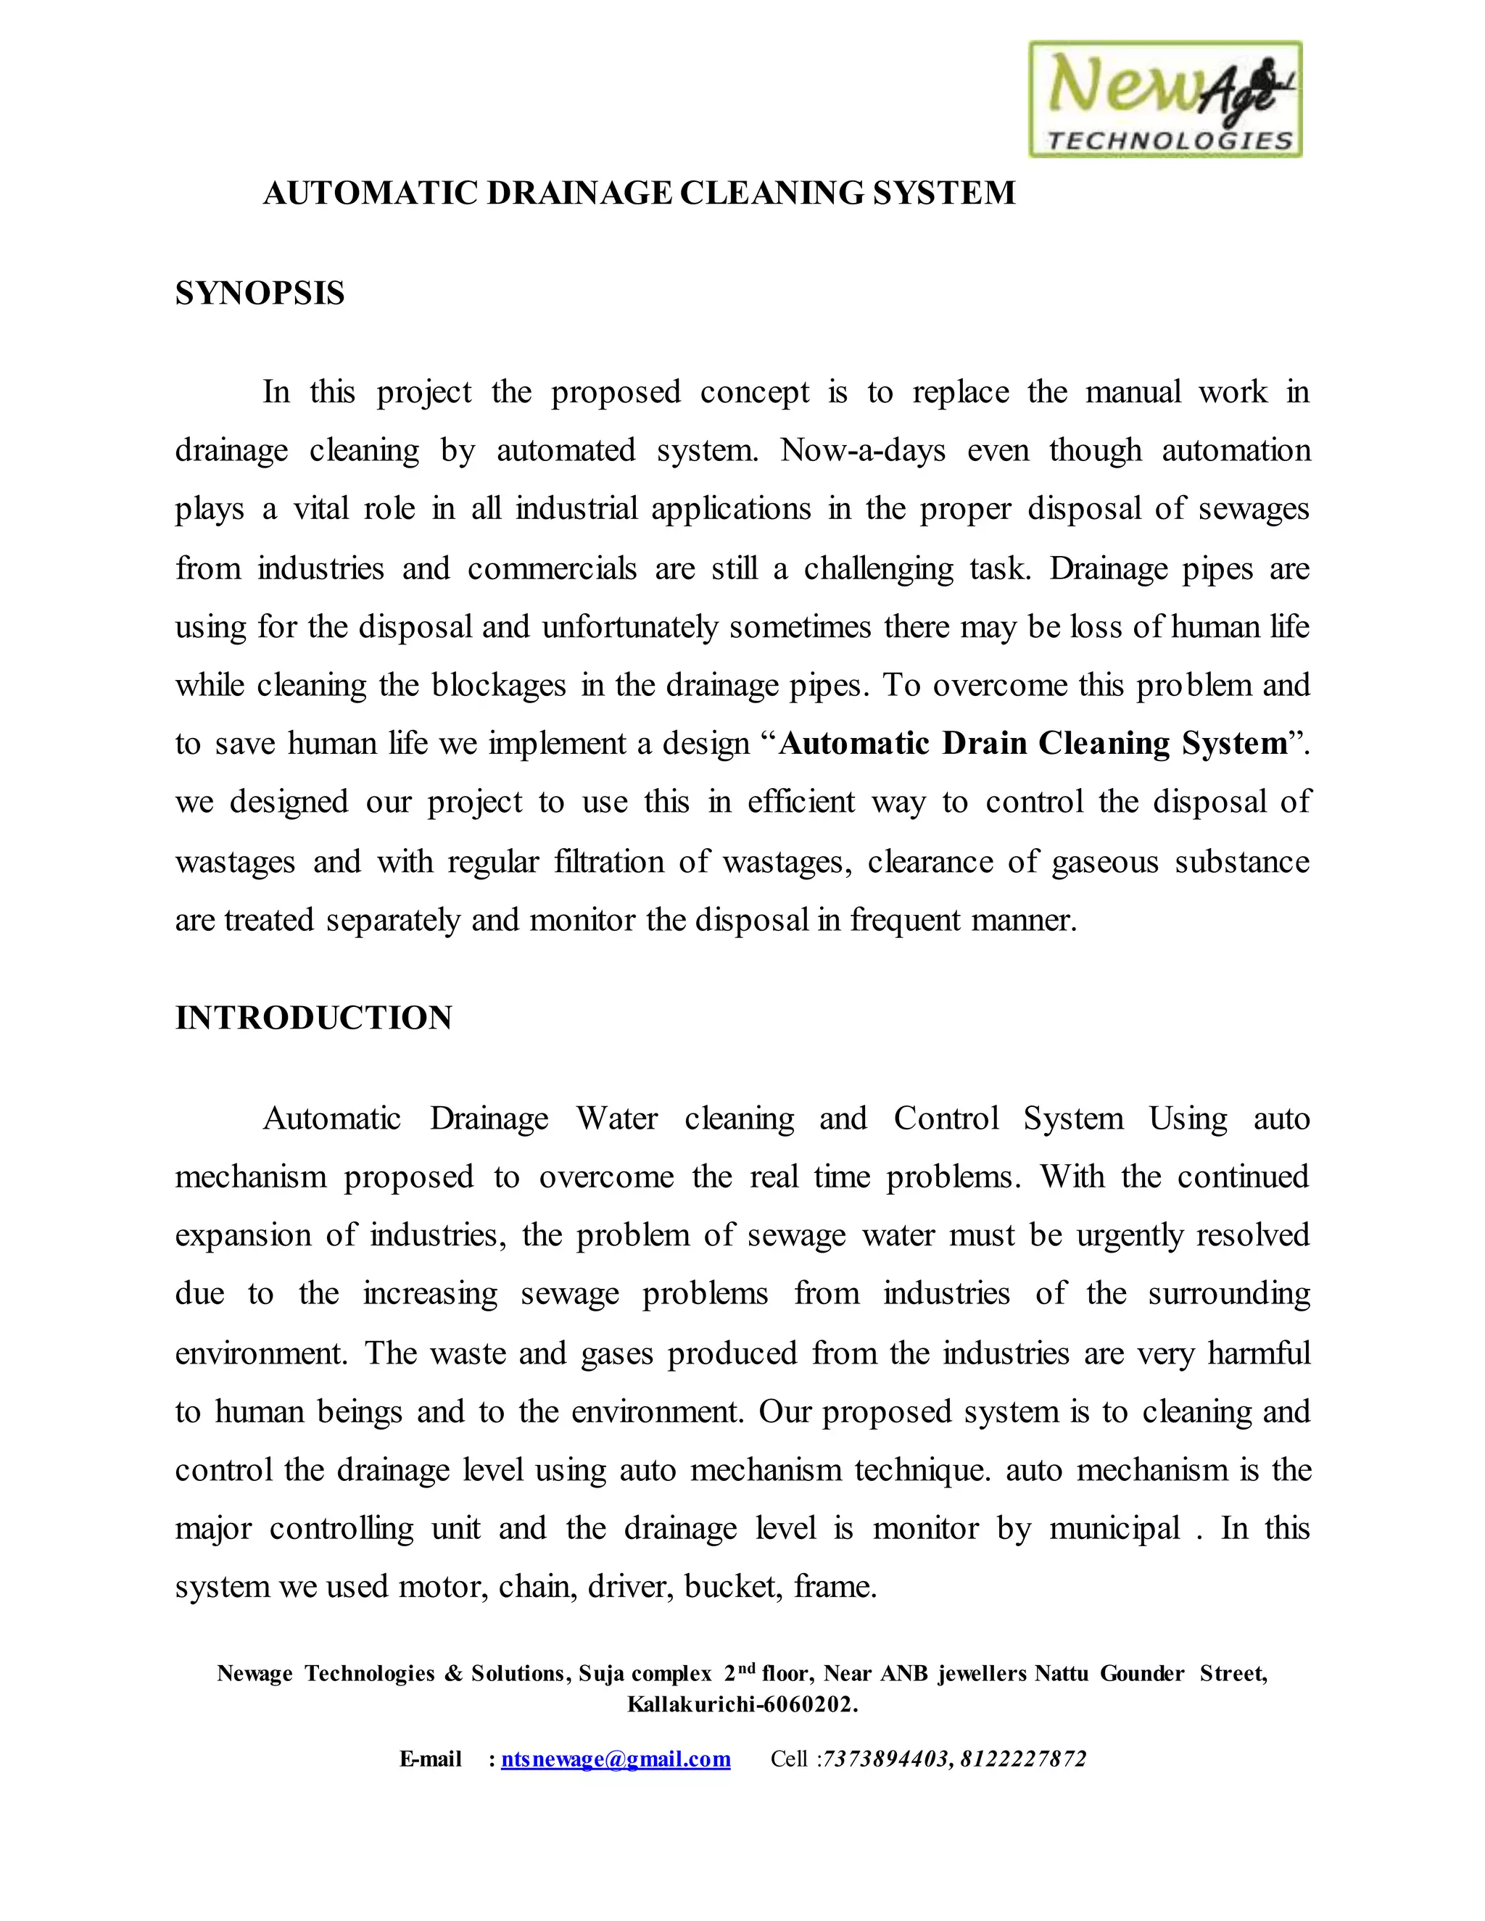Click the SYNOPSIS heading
click(260, 293)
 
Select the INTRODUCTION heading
click(313, 1018)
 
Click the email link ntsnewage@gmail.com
click(615, 1759)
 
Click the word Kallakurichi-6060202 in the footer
click(742, 1705)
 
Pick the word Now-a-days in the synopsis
click(863, 450)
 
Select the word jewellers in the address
click(982, 1673)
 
